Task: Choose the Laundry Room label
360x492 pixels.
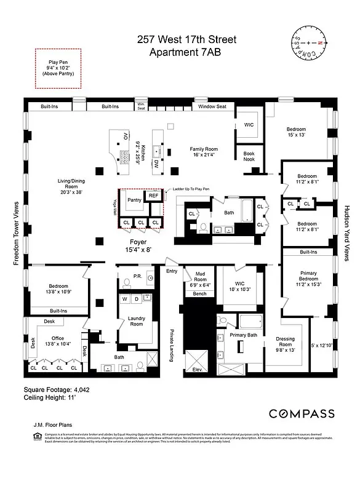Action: pyautogui.click(x=136, y=320)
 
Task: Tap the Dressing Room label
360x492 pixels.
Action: pyautogui.click(x=286, y=342)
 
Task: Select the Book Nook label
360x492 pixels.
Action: pyautogui.click(x=249, y=157)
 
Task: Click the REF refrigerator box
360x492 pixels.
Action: pyautogui.click(x=153, y=197)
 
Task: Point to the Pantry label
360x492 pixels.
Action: pyautogui.click(x=134, y=200)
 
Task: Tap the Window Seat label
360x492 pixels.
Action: pyautogui.click(x=212, y=106)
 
